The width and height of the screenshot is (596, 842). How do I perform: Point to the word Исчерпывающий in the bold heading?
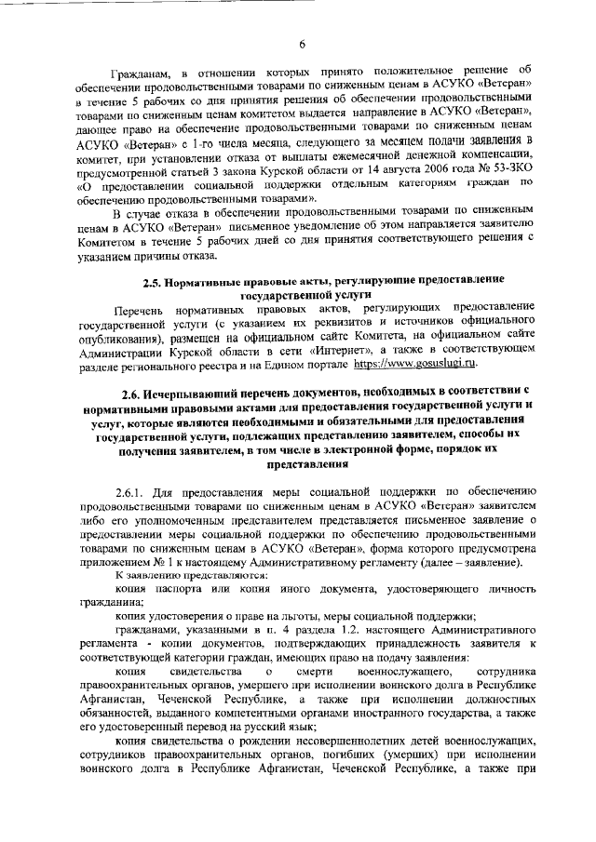click(201, 421)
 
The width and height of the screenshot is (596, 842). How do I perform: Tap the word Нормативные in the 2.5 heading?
click(210, 279)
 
